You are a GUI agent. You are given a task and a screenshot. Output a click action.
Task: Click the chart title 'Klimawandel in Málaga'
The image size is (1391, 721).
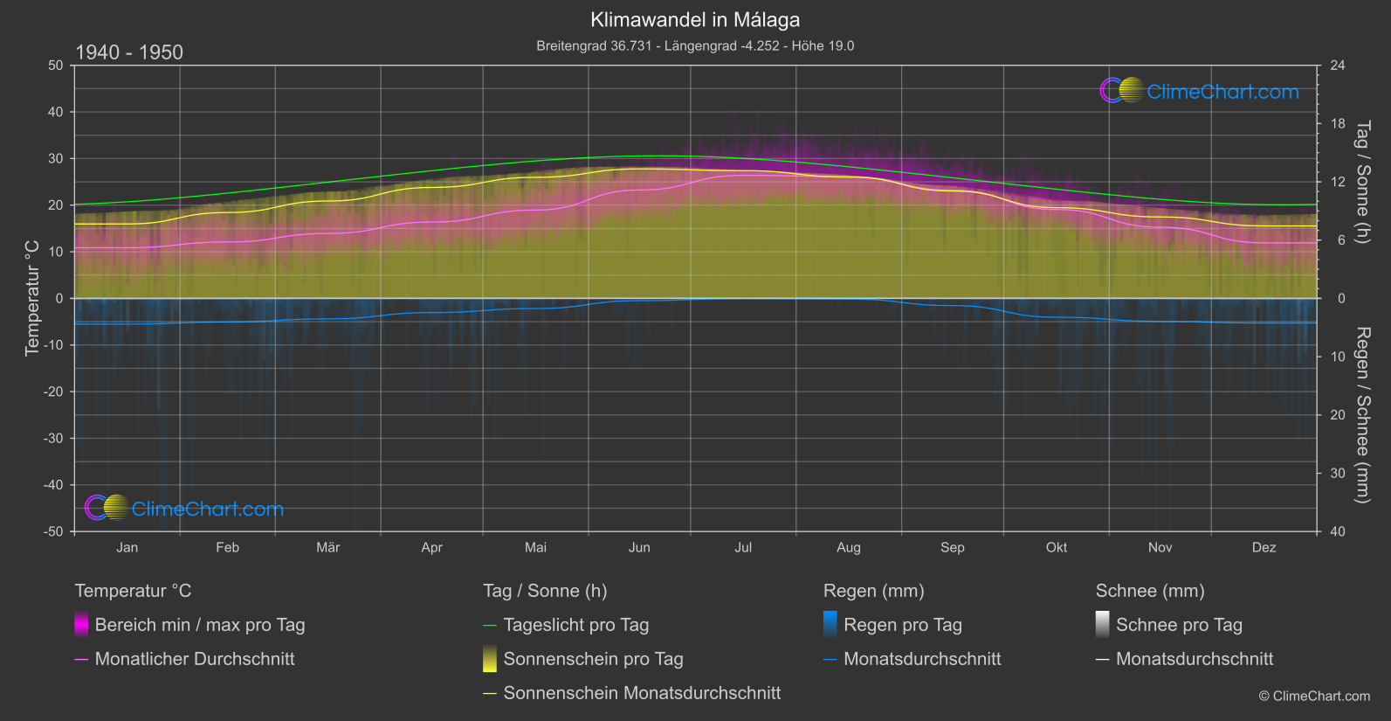pos(695,20)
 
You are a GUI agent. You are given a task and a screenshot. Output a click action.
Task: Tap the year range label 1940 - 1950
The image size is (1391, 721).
pos(129,52)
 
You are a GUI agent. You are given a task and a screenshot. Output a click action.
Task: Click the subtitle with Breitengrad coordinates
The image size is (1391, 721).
pos(695,46)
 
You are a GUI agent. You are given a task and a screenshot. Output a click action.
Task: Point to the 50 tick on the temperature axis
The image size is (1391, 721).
pos(56,66)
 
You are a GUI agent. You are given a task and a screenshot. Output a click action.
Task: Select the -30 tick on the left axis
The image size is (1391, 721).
pos(54,439)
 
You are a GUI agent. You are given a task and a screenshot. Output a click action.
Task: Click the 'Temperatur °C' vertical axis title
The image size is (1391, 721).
pos(32,298)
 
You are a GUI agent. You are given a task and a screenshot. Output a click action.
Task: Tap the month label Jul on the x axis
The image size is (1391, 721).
pos(743,548)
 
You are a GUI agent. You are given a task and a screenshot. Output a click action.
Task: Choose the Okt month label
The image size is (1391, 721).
pos(1057,548)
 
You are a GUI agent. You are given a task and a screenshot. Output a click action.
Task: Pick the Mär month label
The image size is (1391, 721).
pos(327,548)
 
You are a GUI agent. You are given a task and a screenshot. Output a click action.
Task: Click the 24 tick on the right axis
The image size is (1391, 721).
pos(1337,66)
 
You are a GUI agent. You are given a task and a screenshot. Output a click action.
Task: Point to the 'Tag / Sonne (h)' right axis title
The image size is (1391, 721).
pos(1361,182)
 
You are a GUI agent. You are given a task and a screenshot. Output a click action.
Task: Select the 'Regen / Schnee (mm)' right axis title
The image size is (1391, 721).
pos(1361,415)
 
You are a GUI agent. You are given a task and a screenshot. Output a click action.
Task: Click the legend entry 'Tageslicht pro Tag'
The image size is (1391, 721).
pos(575,625)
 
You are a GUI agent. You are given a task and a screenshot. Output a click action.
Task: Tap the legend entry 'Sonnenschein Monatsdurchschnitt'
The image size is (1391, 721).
pos(642,693)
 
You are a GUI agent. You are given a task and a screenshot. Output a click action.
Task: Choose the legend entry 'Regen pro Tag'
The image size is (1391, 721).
pos(902,625)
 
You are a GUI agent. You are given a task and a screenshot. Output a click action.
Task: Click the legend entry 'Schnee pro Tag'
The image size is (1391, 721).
pos(1178,625)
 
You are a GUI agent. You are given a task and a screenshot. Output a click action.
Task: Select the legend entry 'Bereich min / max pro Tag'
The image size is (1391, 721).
pos(199,625)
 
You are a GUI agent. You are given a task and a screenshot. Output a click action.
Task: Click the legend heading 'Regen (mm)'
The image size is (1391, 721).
pos(873,591)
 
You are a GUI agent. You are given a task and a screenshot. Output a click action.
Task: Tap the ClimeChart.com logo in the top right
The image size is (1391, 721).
pos(1200,91)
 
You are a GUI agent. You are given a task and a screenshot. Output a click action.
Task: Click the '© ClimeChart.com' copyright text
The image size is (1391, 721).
pos(1314,697)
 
